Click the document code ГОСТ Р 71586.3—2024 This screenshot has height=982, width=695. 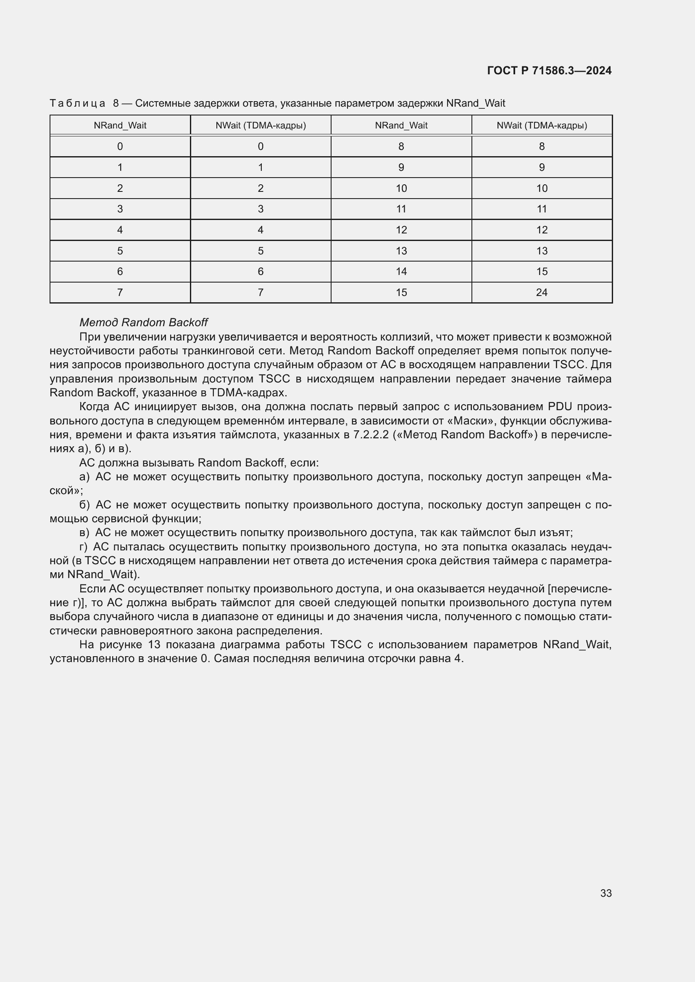click(549, 71)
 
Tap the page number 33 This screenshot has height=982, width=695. click(605, 893)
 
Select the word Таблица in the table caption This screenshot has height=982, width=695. click(77, 103)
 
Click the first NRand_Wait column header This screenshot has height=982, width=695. click(120, 125)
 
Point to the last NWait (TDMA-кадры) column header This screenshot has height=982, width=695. click(541, 125)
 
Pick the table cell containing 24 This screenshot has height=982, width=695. click(541, 293)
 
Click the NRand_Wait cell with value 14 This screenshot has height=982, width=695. click(401, 272)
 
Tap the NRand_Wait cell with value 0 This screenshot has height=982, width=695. click(120, 146)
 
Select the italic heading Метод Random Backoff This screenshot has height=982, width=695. click(143, 322)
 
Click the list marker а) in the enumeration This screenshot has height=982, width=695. click(84, 477)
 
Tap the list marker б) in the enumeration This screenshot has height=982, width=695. click(84, 505)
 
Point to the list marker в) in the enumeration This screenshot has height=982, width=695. click(84, 533)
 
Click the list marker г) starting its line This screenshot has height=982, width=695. click(84, 547)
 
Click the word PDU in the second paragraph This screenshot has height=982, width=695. click(560, 407)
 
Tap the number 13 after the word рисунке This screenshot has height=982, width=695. click(154, 644)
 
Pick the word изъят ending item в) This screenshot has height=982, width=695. click(558, 533)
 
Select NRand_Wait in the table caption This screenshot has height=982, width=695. click(476, 103)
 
